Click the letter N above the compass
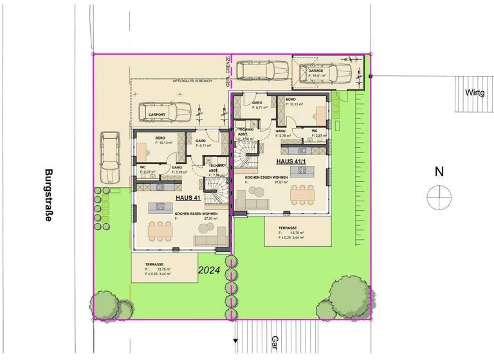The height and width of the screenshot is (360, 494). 439,172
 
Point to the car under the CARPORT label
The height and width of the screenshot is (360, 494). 163,114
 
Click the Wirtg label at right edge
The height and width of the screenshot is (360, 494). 475,92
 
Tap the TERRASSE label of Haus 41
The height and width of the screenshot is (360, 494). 154,264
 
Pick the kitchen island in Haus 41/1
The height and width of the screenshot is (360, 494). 300,171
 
